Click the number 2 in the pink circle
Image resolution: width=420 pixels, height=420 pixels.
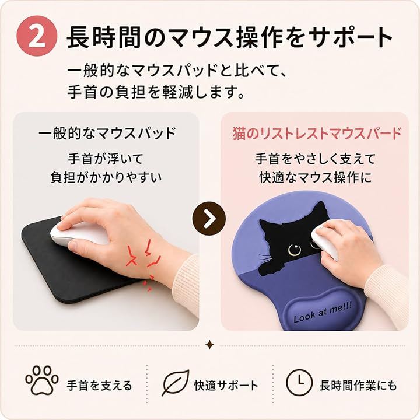click(36, 37)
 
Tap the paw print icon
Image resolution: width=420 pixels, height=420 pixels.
click(42, 380)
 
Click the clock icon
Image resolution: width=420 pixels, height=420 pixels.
click(299, 382)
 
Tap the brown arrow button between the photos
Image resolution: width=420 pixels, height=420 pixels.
click(209, 219)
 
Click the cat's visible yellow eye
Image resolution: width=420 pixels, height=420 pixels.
click(295, 250)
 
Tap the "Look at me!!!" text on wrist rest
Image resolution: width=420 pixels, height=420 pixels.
click(323, 311)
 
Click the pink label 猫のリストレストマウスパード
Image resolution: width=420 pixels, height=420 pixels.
click(317, 133)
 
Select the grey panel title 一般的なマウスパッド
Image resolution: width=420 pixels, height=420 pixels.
click(107, 133)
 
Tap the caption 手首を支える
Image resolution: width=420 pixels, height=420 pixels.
click(99, 386)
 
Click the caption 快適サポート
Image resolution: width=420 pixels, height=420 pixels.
click(226, 386)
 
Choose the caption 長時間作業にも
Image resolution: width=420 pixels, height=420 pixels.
click(358, 386)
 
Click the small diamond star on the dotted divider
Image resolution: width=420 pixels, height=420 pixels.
click(210, 345)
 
